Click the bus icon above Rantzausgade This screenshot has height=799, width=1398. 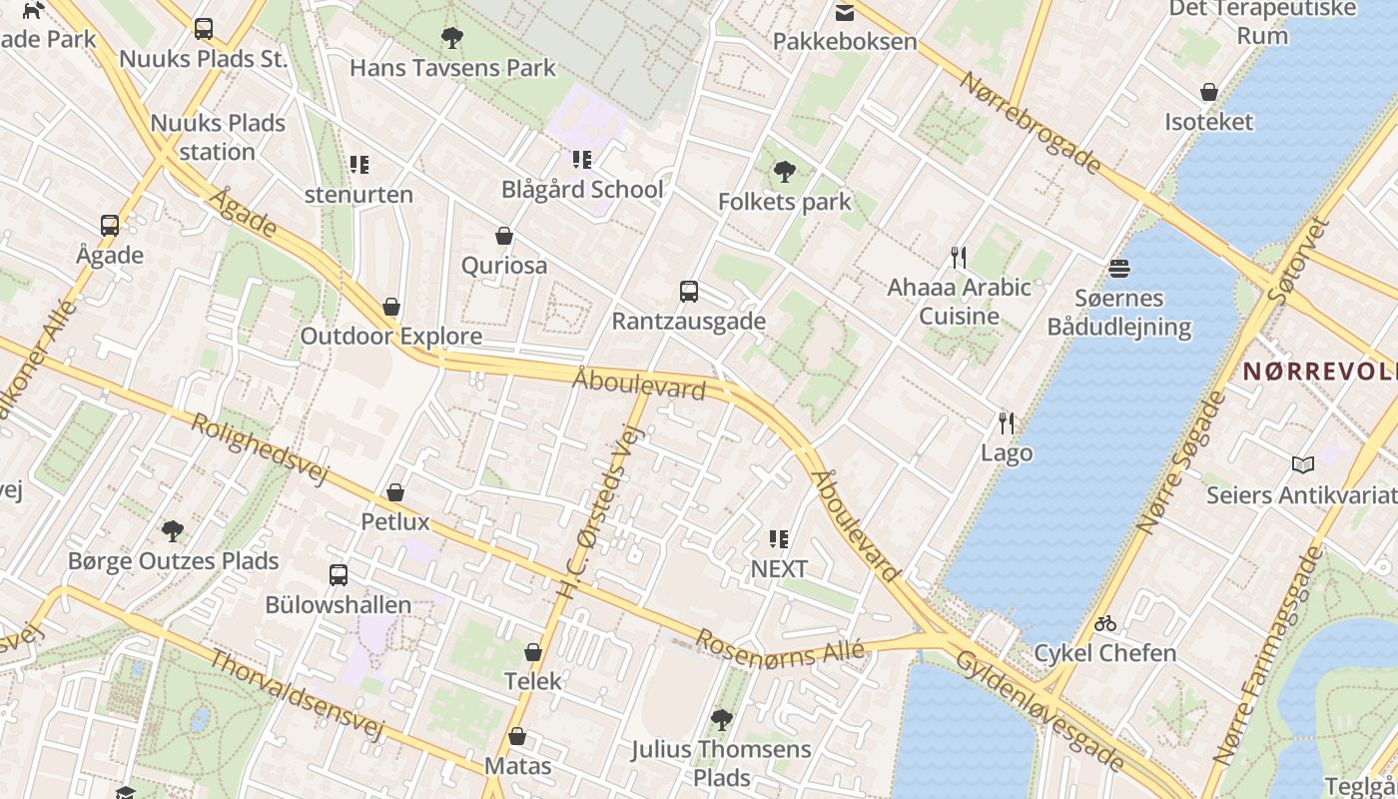[688, 292]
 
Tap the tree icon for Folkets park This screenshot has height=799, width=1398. [785, 172]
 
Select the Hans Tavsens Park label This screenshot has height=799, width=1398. [452, 68]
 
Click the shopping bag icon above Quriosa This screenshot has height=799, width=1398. [504, 237]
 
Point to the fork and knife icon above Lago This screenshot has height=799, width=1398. [1007, 423]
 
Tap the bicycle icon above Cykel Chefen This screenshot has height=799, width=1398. [1104, 624]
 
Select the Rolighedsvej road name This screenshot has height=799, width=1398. [260, 448]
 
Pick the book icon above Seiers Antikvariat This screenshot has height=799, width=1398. [1302, 464]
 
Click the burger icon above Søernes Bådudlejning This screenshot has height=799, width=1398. [1118, 269]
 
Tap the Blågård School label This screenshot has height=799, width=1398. [582, 189]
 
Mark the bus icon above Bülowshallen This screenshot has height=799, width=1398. [339, 575]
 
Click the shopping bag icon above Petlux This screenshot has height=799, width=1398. [395, 492]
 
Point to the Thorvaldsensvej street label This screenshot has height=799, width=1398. [297, 695]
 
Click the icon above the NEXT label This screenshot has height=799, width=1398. [779, 540]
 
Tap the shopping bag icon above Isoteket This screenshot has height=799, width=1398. [1208, 93]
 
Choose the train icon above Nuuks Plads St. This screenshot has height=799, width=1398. [204, 29]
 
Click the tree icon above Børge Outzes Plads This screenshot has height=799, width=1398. [173, 530]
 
